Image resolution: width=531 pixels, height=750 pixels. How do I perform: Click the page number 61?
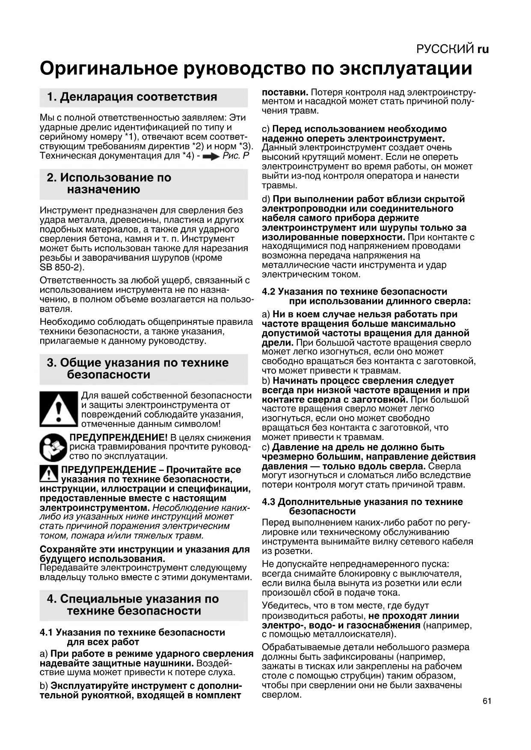click(x=487, y=701)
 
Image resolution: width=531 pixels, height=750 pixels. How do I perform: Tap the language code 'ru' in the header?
click(x=483, y=49)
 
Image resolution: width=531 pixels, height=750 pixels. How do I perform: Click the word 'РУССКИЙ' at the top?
click(x=445, y=49)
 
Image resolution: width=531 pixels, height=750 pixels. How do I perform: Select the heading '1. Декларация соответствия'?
click(x=132, y=97)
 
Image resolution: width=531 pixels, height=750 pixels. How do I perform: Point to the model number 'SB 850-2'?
click(x=60, y=268)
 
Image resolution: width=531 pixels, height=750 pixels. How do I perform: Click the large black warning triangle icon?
click(x=58, y=409)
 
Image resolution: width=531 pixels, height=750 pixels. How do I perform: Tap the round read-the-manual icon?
click(x=53, y=447)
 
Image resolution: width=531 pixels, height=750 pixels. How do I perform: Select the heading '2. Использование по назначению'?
click(x=109, y=183)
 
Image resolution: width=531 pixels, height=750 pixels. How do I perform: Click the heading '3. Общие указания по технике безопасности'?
click(x=138, y=369)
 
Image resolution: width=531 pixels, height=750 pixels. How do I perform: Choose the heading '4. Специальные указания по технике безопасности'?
click(x=133, y=605)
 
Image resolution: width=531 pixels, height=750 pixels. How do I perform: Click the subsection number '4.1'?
click(x=46, y=632)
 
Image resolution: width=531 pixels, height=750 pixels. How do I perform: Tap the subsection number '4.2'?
click(x=268, y=292)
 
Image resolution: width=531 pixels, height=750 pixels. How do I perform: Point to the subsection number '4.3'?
click(x=268, y=502)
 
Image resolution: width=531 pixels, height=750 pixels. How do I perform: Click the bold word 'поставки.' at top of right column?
click(x=285, y=92)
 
